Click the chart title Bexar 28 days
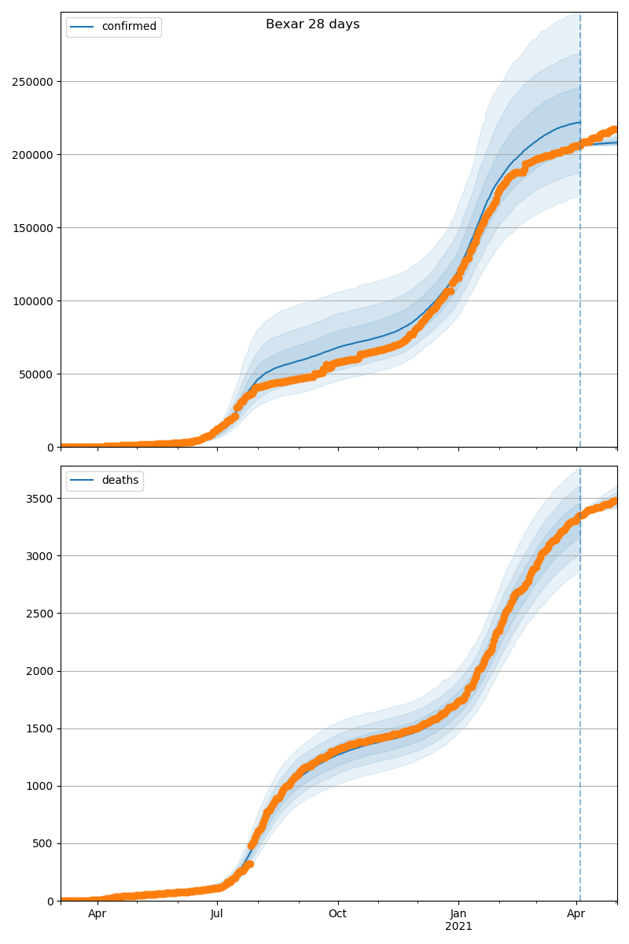[312, 24]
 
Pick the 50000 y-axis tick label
[36, 374]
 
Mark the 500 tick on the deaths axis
[46, 843]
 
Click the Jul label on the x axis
[217, 914]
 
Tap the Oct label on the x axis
[338, 914]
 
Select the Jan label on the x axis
[458, 914]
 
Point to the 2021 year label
[458, 927]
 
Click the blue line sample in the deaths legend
[83, 481]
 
